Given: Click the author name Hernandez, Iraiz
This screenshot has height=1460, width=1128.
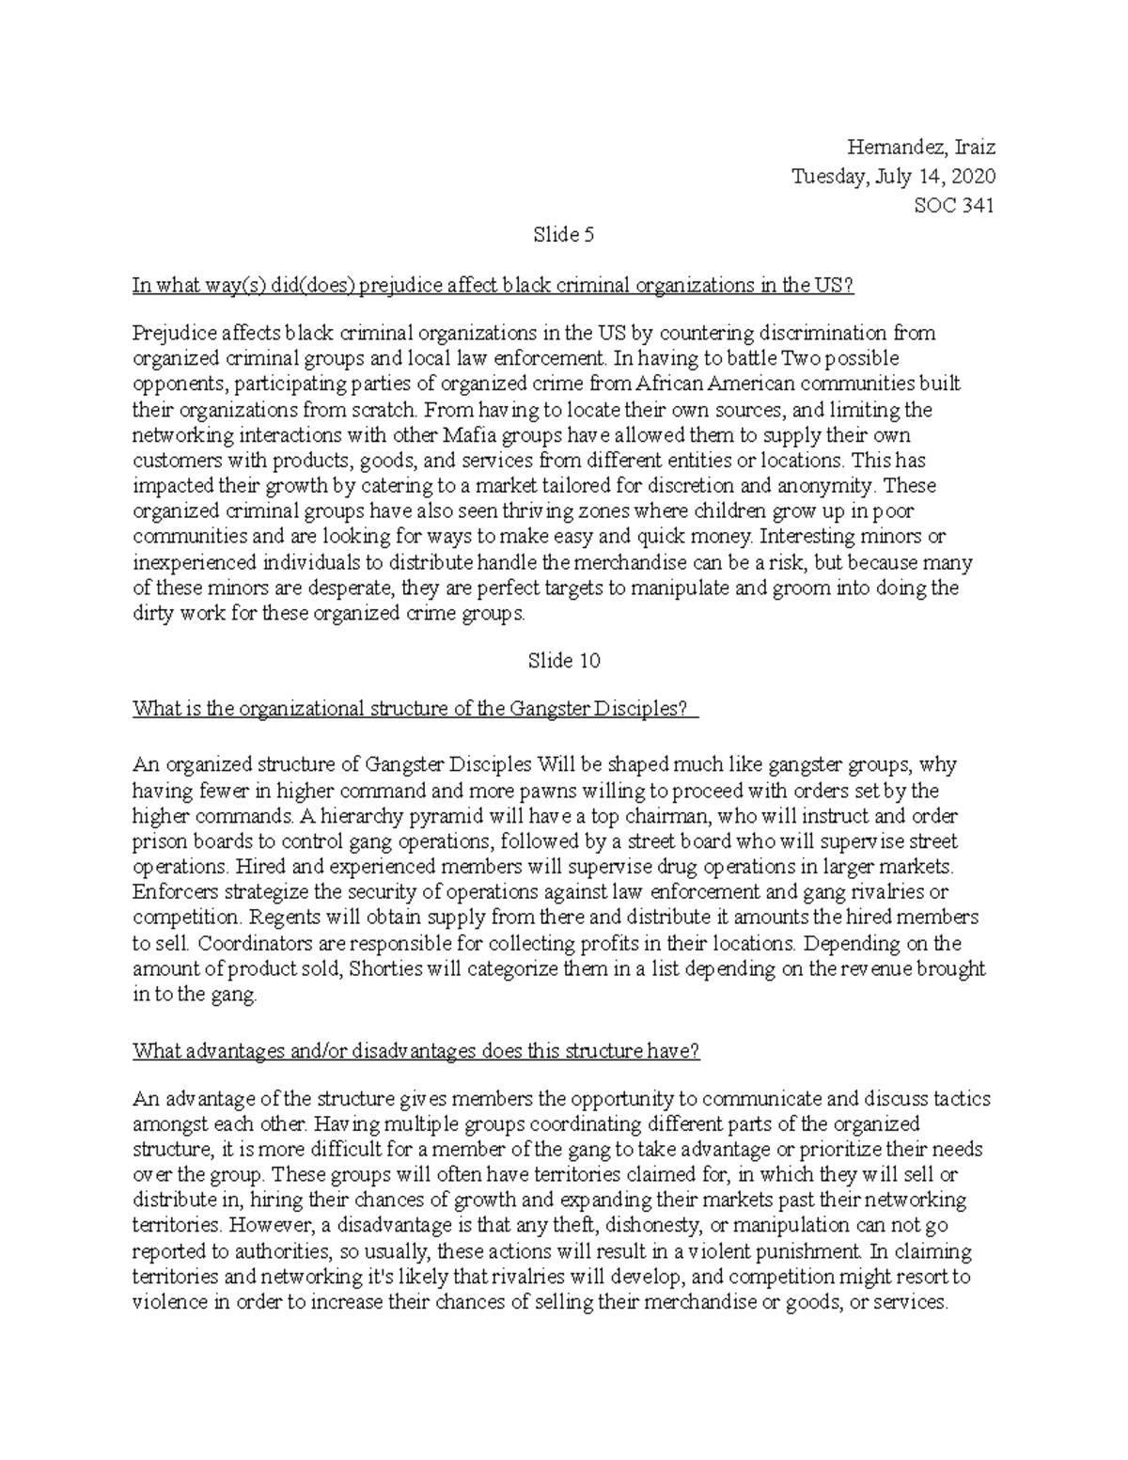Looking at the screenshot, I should pyautogui.click(x=920, y=148).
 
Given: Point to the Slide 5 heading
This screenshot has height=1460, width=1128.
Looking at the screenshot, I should pyautogui.click(x=564, y=235).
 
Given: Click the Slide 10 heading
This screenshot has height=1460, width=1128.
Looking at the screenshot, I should pyautogui.click(x=564, y=661).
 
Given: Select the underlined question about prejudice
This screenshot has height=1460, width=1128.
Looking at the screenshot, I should pyautogui.click(x=493, y=286).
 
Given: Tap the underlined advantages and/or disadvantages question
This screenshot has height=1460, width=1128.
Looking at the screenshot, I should pyautogui.click(x=416, y=1051).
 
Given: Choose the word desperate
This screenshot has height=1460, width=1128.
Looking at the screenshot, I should pyautogui.click(x=356, y=589).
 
